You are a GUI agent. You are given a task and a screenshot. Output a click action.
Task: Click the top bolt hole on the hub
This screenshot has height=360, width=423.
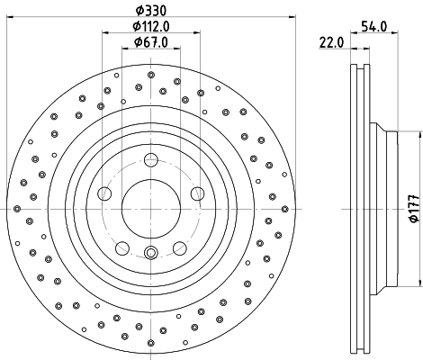tap(151, 161)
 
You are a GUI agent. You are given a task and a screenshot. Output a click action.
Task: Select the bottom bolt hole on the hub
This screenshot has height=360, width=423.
tap(151, 253)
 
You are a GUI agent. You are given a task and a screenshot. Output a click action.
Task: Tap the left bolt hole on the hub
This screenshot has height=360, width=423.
tap(104, 193)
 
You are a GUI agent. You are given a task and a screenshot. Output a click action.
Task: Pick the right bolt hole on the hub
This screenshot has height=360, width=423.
tap(197, 193)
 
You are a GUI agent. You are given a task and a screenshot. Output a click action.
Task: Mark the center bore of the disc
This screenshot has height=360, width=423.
tap(151, 208)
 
